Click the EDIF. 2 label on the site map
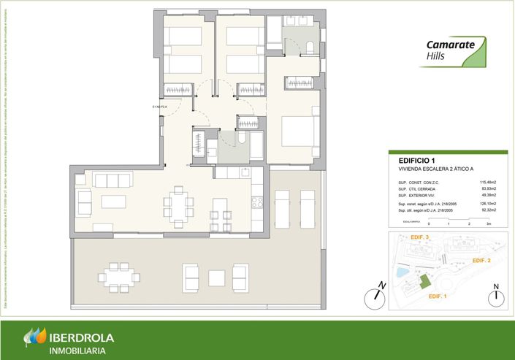coord(481,260)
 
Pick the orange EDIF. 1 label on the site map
coord(437,296)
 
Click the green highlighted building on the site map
coord(422,282)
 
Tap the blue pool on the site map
coord(400,272)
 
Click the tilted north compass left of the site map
coord(374,295)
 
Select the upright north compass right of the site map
coord(495,296)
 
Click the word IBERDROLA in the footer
coord(81,337)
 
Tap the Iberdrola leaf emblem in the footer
coord(34,338)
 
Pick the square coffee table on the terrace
coord(216,278)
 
